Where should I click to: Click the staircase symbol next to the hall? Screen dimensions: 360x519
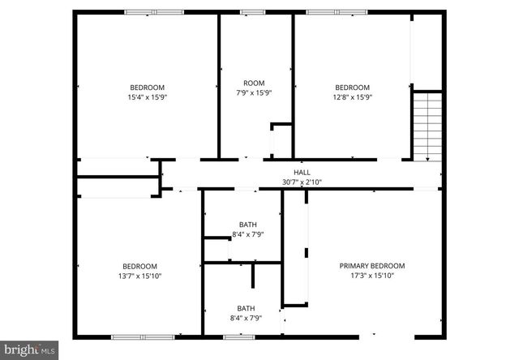pos(427,126)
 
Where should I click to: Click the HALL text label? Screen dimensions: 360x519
pos(302,173)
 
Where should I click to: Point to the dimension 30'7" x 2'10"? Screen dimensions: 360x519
pos(302,182)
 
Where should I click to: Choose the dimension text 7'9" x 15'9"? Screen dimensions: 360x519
pos(254,93)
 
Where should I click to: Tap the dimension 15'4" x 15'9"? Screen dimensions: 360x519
pos(147,97)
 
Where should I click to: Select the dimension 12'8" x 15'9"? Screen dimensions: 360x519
pos(352,97)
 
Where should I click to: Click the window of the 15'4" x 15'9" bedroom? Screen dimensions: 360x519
pos(153,12)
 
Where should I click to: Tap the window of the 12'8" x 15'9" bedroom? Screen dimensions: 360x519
pos(336,12)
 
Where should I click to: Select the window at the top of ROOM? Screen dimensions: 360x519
pos(252,12)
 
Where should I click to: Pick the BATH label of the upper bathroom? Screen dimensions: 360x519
pos(247,225)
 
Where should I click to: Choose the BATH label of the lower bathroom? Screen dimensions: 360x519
pos(246,308)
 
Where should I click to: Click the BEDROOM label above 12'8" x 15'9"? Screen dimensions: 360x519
pos(352,88)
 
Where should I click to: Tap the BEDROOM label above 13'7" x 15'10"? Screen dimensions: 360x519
pos(139,266)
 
